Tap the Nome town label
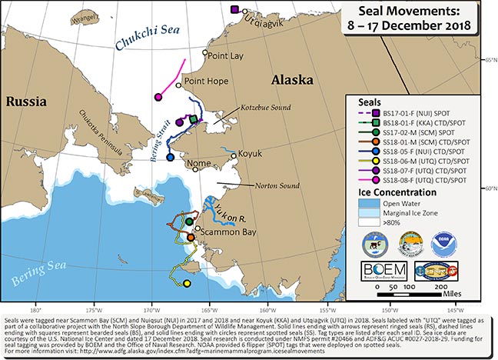click(x=199, y=163)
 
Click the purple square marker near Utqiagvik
click(x=234, y=8)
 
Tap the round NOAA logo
click(x=444, y=240)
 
